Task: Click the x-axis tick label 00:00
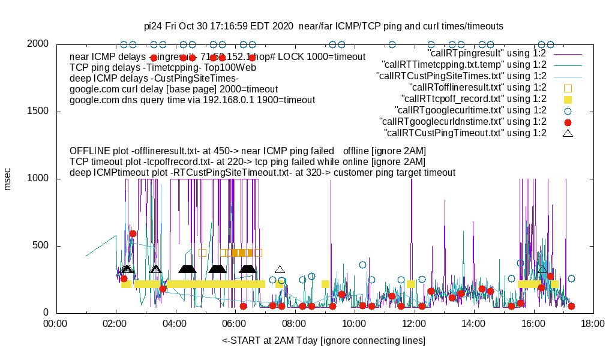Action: pyautogui.click(x=56, y=325)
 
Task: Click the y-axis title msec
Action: pyautogui.click(x=8, y=179)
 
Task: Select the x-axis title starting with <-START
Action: pyautogui.click(x=323, y=341)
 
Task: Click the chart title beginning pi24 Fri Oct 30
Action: pyautogui.click(x=323, y=26)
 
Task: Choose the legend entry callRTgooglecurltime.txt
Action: pyautogui.click(x=470, y=110)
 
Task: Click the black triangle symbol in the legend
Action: pyautogui.click(x=568, y=133)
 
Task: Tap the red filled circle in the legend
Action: pyautogui.click(x=568, y=122)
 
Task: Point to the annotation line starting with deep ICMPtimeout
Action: pyautogui.click(x=262, y=173)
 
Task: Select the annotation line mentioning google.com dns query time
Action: pyautogui.click(x=192, y=100)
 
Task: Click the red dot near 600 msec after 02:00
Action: pyautogui.click(x=133, y=233)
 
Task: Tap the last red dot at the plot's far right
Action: pyautogui.click(x=571, y=306)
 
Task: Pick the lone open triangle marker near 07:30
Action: pyautogui.click(x=280, y=269)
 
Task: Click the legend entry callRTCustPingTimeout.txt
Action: pyautogui.click(x=465, y=133)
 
